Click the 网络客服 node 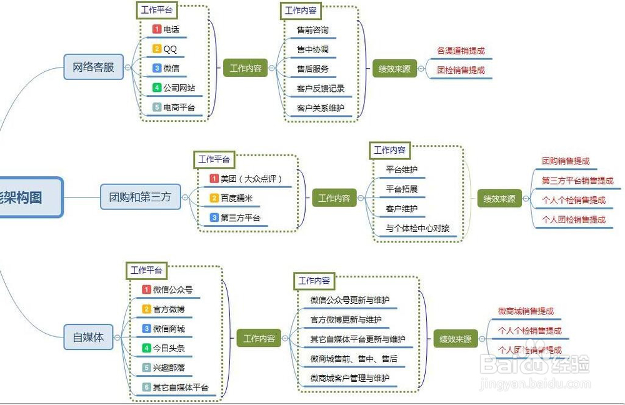(94, 67)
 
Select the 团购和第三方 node (140, 197)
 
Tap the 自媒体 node (88, 337)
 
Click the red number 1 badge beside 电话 (157, 29)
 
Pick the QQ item (170, 49)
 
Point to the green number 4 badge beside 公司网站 (157, 87)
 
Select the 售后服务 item (312, 69)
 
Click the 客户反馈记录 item (321, 88)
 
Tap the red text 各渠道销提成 (461, 51)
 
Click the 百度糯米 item (236, 198)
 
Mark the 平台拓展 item (401, 189)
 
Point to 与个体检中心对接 (417, 228)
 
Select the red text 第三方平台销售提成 (577, 181)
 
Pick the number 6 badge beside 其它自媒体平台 (146, 387)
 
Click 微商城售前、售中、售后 (354, 359)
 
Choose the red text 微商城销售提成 (526, 311)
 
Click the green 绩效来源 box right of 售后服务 (394, 69)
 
